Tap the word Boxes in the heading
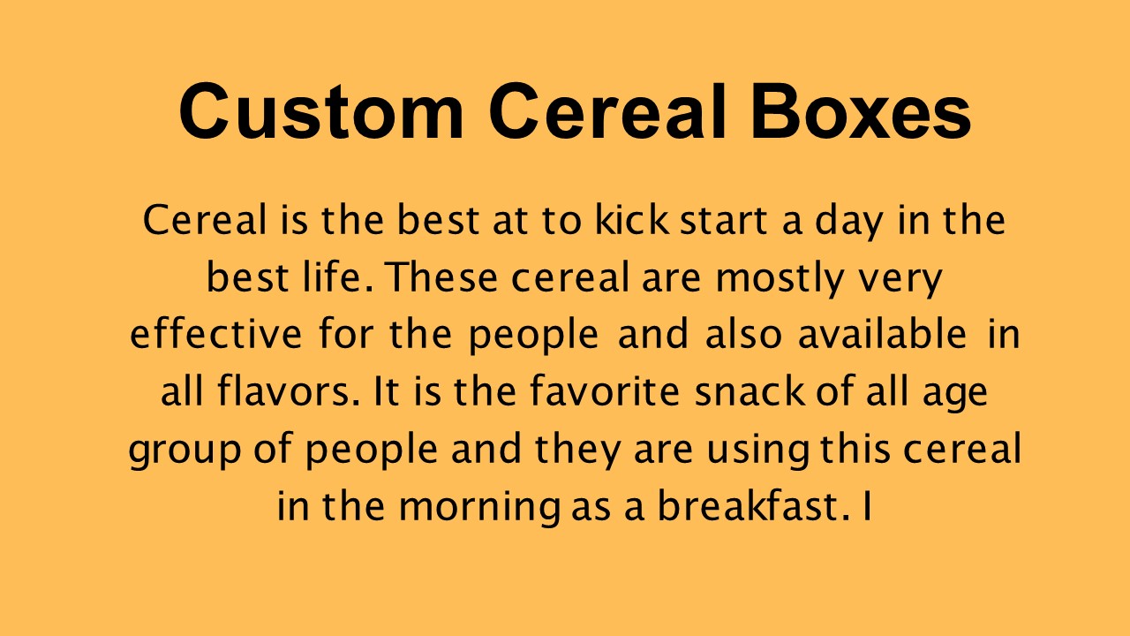(x=861, y=113)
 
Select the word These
(x=433, y=278)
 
